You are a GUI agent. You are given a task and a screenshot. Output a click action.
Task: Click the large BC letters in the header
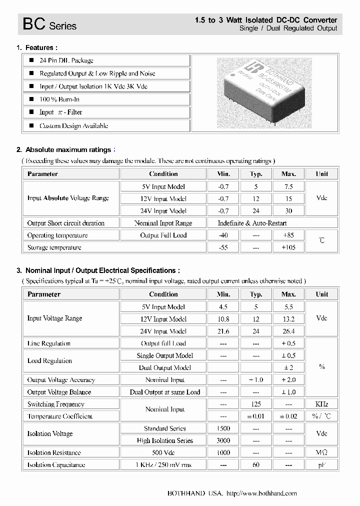34,24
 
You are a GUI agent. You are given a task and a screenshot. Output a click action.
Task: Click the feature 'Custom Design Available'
73,126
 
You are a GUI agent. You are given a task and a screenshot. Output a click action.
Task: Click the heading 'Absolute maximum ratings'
68,150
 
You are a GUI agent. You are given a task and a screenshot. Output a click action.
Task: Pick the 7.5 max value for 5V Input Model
288,186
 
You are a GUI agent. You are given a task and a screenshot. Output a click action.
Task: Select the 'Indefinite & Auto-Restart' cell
252,223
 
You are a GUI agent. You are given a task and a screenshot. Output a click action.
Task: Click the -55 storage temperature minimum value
223,247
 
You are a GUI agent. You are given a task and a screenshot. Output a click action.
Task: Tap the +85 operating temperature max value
288,235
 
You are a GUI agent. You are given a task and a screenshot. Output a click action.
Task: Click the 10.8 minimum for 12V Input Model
223,319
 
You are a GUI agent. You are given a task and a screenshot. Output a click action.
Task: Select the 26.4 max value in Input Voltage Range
288,331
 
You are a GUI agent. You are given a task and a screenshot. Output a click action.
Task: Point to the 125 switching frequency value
256,404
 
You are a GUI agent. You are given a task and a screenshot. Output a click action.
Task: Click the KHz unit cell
321,404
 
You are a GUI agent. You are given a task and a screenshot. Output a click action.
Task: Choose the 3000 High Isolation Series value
223,440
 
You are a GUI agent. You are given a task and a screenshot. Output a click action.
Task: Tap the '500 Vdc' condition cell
163,452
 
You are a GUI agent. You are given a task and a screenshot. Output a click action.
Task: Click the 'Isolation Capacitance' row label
56,465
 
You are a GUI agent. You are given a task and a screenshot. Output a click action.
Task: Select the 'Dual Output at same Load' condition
164,392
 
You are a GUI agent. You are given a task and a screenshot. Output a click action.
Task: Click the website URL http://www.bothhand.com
261,493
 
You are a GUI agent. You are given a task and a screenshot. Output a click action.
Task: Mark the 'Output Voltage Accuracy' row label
61,380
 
